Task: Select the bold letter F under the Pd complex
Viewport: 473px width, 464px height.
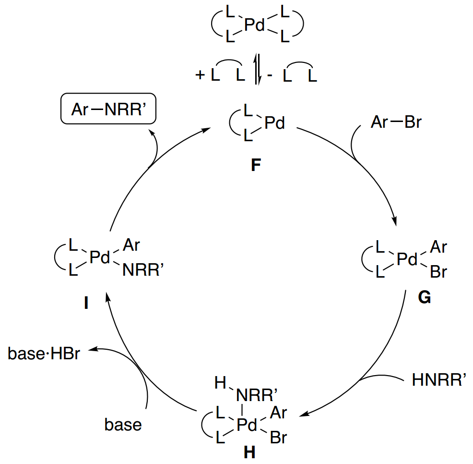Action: [256, 167]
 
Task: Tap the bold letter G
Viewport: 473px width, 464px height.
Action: [424, 298]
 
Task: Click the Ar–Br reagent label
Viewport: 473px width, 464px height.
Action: [396, 122]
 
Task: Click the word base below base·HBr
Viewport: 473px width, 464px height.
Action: [123, 425]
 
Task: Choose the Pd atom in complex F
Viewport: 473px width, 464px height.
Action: [274, 124]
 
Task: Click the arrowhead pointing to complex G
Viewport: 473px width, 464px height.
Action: [395, 221]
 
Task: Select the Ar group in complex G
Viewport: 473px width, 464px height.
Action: [438, 247]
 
